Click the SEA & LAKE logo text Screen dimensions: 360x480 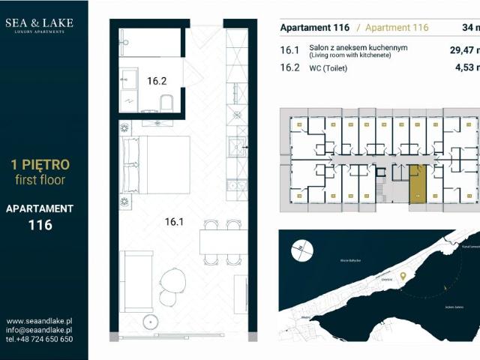[x=39, y=23]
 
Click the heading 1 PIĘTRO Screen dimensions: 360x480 [x=39, y=164]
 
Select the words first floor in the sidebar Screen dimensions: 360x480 [x=39, y=180]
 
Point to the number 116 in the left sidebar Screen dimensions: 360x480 [x=39, y=224]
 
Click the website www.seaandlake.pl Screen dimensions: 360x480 [x=39, y=321]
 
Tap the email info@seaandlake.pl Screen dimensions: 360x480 [x=39, y=330]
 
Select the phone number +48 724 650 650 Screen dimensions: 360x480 [x=39, y=339]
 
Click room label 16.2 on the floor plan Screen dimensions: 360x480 [x=156, y=81]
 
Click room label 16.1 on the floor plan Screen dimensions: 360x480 [x=174, y=221]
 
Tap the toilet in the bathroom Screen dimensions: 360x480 [x=167, y=103]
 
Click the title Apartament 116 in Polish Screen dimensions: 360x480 [x=314, y=28]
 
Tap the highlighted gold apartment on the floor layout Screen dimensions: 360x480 [x=416, y=184]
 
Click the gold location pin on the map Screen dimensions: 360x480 [x=403, y=277]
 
